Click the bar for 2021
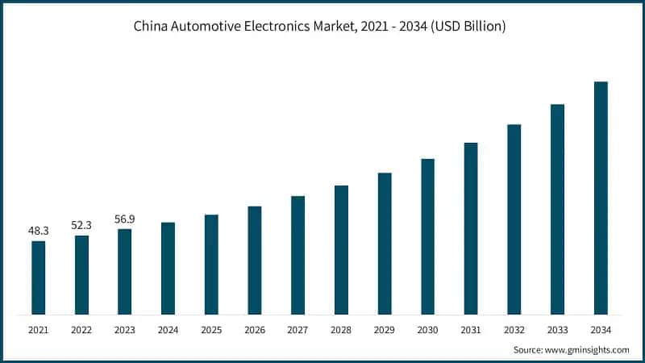pos(38,277)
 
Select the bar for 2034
pos(601,198)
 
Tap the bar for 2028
pos(341,250)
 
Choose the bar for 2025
pos(211,265)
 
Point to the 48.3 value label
pos(38,231)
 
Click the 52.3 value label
pos(81,225)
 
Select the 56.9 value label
pos(125,219)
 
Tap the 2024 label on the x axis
pos(168,329)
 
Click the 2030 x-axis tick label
pos(427,329)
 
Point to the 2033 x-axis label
pos(557,329)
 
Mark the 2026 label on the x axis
pos(255,329)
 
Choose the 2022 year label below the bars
pos(81,329)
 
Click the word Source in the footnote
pos(528,350)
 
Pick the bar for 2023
pos(125,272)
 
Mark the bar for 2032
pos(514,219)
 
